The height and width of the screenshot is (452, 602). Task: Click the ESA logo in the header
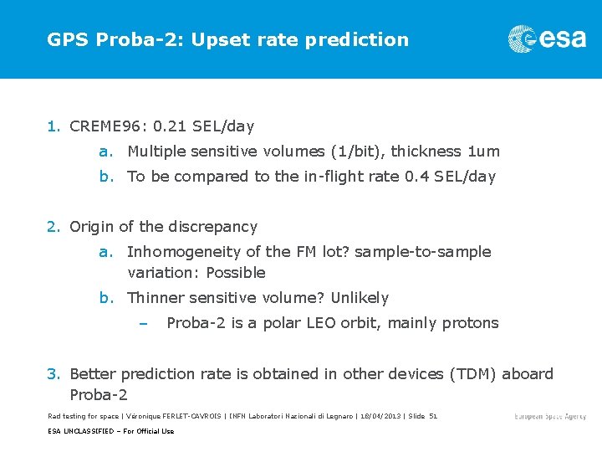(547, 39)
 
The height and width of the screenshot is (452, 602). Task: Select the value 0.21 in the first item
(164, 126)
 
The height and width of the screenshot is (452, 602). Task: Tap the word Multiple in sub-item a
(157, 152)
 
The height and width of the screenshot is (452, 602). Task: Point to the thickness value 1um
(483, 152)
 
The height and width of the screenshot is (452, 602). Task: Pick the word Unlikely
(360, 298)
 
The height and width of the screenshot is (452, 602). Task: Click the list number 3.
(52, 373)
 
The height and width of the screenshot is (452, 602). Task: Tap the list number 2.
(52, 227)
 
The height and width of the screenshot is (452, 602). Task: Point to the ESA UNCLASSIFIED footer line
(110, 431)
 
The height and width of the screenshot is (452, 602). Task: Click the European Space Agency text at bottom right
(550, 416)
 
